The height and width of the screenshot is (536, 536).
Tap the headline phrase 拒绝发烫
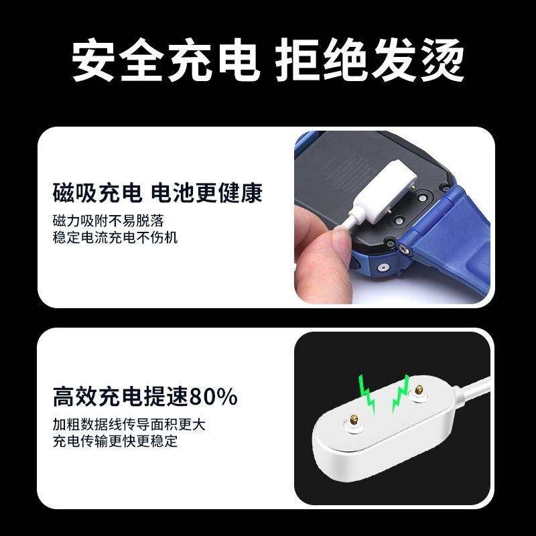pyautogui.click(x=370, y=60)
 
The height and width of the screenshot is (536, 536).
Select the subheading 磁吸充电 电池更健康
pyautogui.click(x=157, y=193)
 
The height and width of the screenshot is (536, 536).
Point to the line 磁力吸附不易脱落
pyautogui.click(x=109, y=221)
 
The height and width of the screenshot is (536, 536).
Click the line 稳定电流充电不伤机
pyautogui.click(x=115, y=237)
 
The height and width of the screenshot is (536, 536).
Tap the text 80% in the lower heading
pyautogui.click(x=213, y=397)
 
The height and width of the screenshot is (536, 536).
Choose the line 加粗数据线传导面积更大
pyautogui.click(x=129, y=425)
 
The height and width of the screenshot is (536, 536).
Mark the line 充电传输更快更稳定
pyautogui.click(x=115, y=441)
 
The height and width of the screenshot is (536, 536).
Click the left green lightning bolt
pyautogui.click(x=366, y=394)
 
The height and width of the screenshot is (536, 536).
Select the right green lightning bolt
pyautogui.click(x=401, y=393)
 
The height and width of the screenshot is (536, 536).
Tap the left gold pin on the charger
pyautogui.click(x=354, y=419)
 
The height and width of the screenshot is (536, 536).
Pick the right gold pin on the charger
pyautogui.click(x=419, y=389)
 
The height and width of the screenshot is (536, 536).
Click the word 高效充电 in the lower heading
pyautogui.click(x=97, y=397)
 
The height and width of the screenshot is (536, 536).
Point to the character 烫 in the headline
pyautogui.click(x=442, y=60)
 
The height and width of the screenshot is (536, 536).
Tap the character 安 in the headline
pyautogui.click(x=93, y=60)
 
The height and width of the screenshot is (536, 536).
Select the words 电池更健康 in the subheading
pyautogui.click(x=206, y=193)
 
